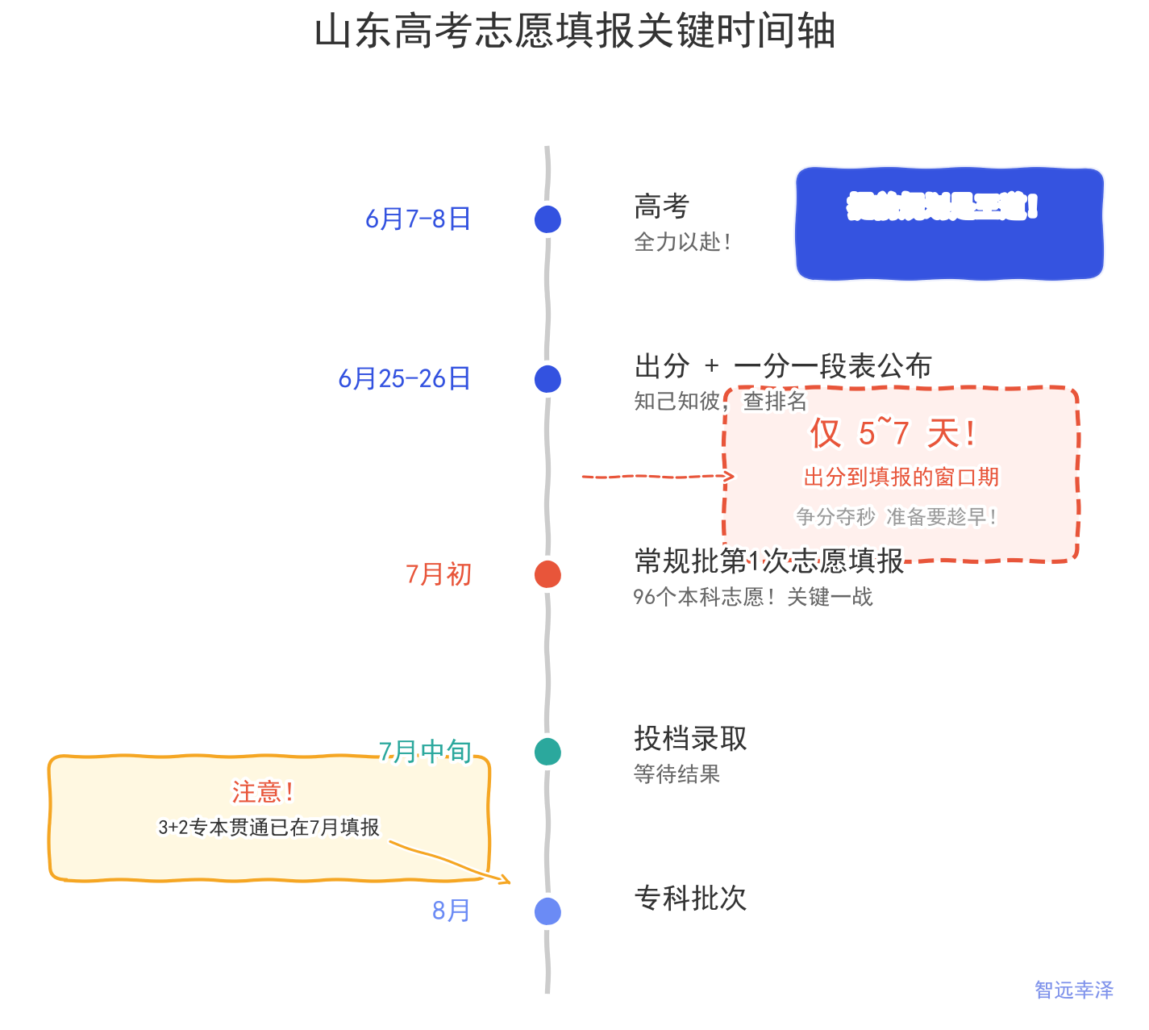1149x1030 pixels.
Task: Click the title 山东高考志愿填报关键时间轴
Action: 574,32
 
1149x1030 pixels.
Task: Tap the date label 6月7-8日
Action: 418,219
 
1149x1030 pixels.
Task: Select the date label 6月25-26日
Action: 404,378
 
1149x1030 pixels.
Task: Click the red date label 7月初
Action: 439,574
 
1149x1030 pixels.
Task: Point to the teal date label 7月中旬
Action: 425,751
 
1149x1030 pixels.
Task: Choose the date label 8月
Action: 451,911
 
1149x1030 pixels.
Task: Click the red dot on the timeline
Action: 547,574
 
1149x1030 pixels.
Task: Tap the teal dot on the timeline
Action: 547,752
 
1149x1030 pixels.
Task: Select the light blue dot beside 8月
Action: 547,911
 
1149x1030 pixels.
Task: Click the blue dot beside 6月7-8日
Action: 547,219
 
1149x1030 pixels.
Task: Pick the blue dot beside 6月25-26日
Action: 547,379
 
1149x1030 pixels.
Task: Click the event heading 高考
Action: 661,206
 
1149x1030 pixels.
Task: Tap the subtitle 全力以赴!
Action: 683,242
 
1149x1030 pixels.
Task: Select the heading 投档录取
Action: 690,738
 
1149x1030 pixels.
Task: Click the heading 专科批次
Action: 690,898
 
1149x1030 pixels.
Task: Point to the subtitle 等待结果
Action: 676,774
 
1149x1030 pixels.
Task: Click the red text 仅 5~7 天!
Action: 893,434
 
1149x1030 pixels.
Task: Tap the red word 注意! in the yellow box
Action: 263,792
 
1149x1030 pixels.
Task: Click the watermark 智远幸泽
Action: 1073,990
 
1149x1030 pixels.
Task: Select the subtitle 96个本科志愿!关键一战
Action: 752,597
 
